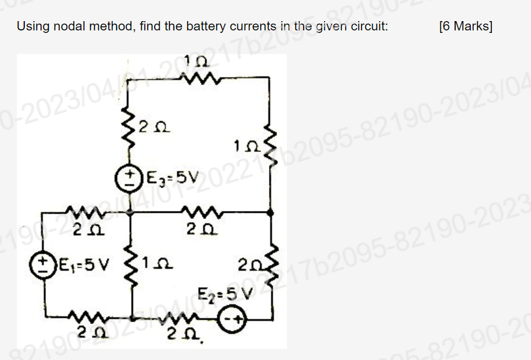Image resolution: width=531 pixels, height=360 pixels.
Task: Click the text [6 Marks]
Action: [465, 27]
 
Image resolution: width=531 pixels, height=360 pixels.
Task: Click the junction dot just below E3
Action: [130, 212]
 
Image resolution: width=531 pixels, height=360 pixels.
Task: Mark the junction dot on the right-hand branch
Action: [270, 212]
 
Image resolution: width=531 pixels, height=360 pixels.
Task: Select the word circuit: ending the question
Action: [371, 27]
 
